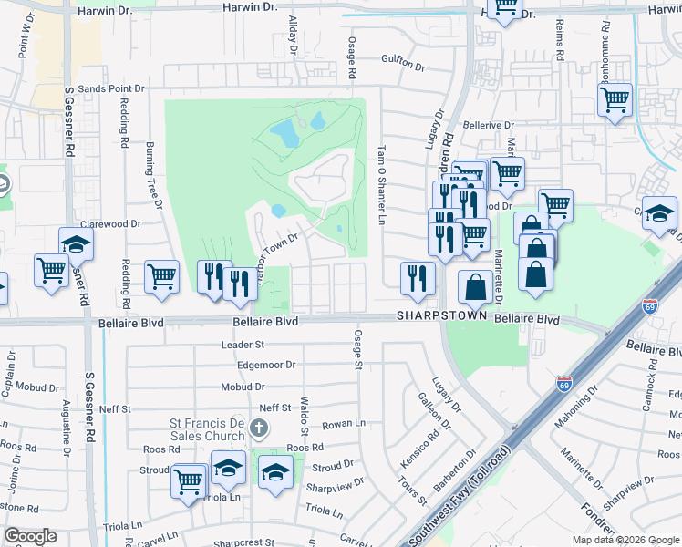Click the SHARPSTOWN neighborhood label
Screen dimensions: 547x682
click(439, 315)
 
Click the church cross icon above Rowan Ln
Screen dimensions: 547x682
click(260, 427)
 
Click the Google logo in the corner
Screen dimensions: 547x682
click(30, 536)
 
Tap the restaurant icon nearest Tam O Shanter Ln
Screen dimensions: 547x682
click(418, 279)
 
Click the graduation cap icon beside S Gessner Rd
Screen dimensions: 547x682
click(77, 243)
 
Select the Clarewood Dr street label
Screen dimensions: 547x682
click(110, 223)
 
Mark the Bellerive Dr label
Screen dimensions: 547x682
click(489, 125)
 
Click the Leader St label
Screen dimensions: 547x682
click(243, 345)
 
